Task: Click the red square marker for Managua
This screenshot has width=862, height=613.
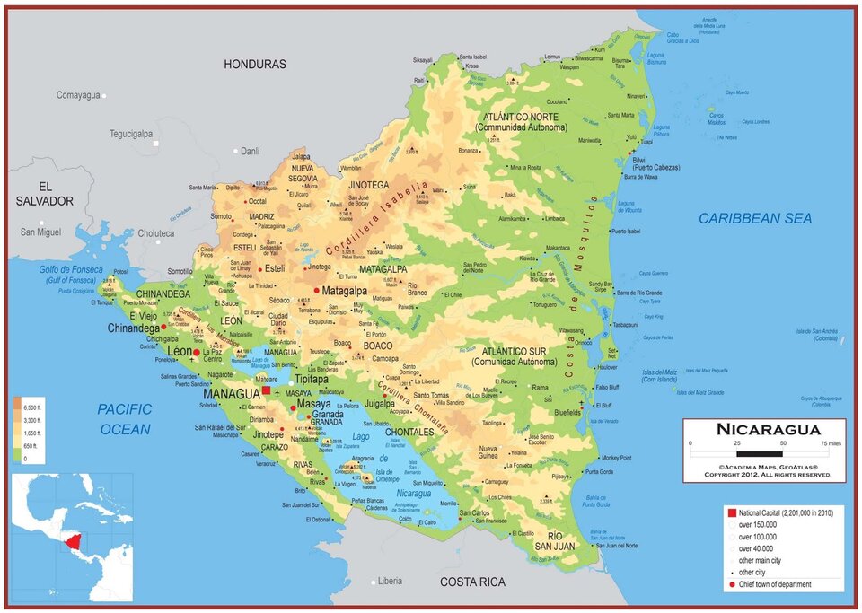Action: click(265, 392)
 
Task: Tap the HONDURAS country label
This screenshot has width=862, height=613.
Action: click(255, 65)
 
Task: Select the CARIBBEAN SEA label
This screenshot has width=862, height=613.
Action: click(755, 218)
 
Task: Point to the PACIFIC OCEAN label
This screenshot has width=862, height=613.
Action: click(125, 419)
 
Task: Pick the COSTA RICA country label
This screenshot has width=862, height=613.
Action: click(472, 582)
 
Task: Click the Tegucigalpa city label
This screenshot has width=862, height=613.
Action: click(131, 134)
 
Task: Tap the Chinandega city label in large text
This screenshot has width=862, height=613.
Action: click(133, 328)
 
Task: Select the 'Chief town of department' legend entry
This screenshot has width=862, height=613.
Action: click(775, 584)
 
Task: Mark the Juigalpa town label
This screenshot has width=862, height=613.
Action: click(380, 404)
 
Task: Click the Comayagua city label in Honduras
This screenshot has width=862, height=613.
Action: click(78, 95)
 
